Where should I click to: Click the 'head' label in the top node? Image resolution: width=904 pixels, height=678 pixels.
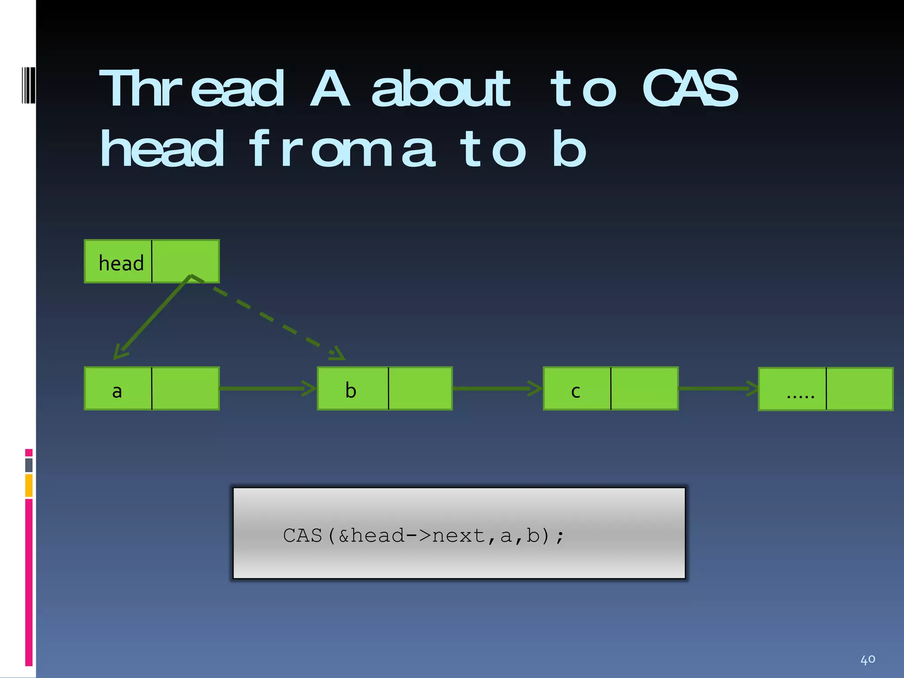[x=121, y=264]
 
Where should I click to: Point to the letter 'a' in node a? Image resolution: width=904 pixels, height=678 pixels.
[x=117, y=391]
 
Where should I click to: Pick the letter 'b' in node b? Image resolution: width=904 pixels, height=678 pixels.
[x=350, y=390]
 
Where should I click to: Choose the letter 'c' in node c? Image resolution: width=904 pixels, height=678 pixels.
[x=576, y=391]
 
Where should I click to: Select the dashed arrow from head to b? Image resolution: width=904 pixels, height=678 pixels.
[x=269, y=318]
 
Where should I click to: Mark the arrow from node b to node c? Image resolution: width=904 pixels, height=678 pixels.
[x=497, y=388]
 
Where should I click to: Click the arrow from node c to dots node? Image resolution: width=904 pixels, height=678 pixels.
[x=717, y=388]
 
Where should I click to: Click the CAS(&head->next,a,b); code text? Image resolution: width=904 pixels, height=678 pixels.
[x=423, y=535]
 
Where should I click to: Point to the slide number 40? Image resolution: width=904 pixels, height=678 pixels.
[x=867, y=659]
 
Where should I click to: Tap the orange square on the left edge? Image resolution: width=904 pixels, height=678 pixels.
[x=29, y=485]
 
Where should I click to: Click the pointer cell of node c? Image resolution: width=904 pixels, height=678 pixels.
[x=644, y=388]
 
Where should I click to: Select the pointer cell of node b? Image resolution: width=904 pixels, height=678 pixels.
[x=420, y=388]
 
